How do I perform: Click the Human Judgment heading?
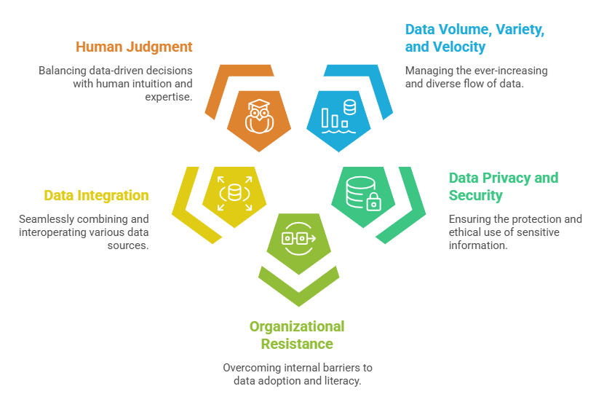(x=134, y=47)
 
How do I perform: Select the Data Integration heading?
(x=96, y=195)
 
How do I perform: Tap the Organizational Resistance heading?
(x=297, y=334)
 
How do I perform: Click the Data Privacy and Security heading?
(x=503, y=186)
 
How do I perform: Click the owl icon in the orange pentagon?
(x=258, y=117)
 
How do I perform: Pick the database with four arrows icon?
(x=234, y=193)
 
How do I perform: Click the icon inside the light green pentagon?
(x=298, y=238)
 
